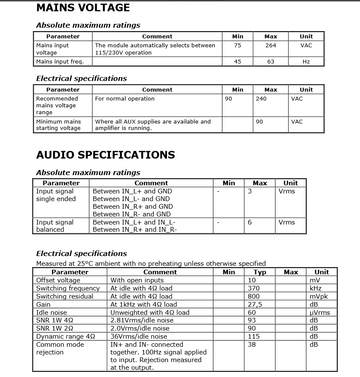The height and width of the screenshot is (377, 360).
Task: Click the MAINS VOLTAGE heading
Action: coord(83,8)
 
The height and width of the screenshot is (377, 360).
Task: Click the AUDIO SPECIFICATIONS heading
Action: coord(105,155)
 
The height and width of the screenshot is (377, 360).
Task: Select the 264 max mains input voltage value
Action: coord(271,46)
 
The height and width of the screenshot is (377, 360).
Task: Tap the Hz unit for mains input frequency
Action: coord(306,62)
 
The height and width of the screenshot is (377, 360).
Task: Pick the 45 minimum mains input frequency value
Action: coord(237,62)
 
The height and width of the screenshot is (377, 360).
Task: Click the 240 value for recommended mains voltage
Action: coord(261,99)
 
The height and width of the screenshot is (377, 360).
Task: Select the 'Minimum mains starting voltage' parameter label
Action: coord(58,125)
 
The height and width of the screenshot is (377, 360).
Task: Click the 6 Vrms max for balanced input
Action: coord(250,222)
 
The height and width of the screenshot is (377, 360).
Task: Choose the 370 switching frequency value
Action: coord(253,288)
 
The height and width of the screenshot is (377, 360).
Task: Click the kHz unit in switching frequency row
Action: coord(316,288)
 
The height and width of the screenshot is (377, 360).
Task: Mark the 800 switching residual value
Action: coord(253,296)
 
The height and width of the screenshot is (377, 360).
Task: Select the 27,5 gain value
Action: coord(255,305)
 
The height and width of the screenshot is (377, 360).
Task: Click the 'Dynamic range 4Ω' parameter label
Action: coord(65,337)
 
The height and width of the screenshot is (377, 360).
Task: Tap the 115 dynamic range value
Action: coord(253,337)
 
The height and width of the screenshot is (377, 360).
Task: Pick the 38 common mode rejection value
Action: coord(252,345)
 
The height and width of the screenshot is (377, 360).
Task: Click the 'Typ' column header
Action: coord(260,272)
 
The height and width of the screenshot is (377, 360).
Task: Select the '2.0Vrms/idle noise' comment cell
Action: coord(140,328)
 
